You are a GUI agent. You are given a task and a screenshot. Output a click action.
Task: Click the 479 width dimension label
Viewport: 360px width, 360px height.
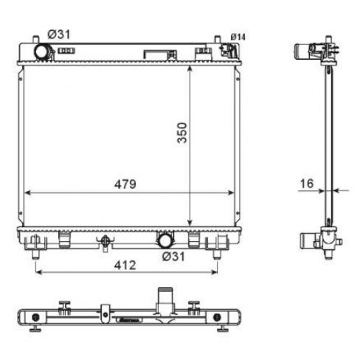click(125, 184)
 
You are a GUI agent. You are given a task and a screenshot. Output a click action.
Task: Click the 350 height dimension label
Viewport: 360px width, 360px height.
click(182, 133)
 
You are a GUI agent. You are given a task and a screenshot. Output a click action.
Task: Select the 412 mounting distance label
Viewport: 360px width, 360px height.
click(125, 266)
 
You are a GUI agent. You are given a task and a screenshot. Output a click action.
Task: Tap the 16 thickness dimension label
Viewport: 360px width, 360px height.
click(307, 184)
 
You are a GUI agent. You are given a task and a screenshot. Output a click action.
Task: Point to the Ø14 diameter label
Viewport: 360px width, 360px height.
click(238, 37)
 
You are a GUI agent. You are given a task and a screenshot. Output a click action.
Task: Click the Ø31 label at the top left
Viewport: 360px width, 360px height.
click(59, 35)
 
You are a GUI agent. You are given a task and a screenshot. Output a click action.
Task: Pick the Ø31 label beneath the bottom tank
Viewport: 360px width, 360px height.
click(173, 257)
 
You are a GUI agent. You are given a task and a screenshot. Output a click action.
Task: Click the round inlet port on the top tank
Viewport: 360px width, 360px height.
click(41, 52)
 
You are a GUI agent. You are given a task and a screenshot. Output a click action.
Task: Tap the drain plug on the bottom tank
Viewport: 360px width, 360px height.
click(105, 242)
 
